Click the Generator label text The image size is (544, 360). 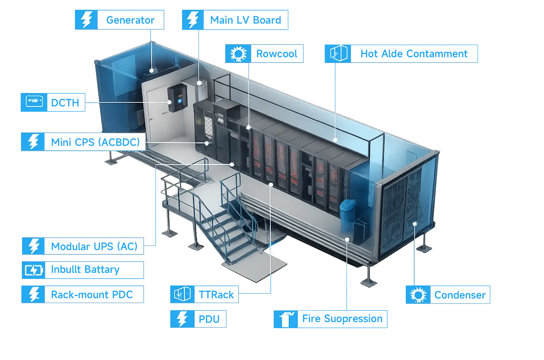point(130,20)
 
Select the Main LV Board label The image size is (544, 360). point(245,20)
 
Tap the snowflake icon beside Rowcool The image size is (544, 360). point(238,54)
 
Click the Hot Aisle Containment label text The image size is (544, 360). point(413,54)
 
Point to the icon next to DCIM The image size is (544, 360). point(34,102)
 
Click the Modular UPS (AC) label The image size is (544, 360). point(94,246)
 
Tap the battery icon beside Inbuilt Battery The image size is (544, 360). point(34,270)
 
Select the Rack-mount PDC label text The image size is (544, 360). point(92,295)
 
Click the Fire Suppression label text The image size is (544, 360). point(342,319)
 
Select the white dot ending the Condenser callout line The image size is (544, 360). point(415,224)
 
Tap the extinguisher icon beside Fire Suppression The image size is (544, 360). point(286,319)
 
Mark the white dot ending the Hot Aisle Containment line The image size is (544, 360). point(336,139)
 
